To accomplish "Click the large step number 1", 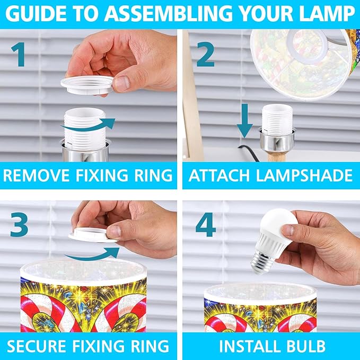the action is click(x=19, y=54).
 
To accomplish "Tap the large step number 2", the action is click(x=205, y=54).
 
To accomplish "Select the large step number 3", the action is click(x=19, y=224).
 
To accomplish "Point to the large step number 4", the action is click(x=206, y=224).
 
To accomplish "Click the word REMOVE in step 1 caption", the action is click(x=36, y=175).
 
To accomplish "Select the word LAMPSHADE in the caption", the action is click(x=304, y=175).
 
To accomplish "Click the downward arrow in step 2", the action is click(x=245, y=120).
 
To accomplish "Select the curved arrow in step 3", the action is click(x=92, y=254).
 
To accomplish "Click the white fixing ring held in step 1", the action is click(x=87, y=85).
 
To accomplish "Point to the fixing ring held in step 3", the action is click(x=93, y=235).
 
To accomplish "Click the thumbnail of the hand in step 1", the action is click(x=121, y=83).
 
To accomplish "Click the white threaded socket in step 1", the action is click(x=85, y=128).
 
